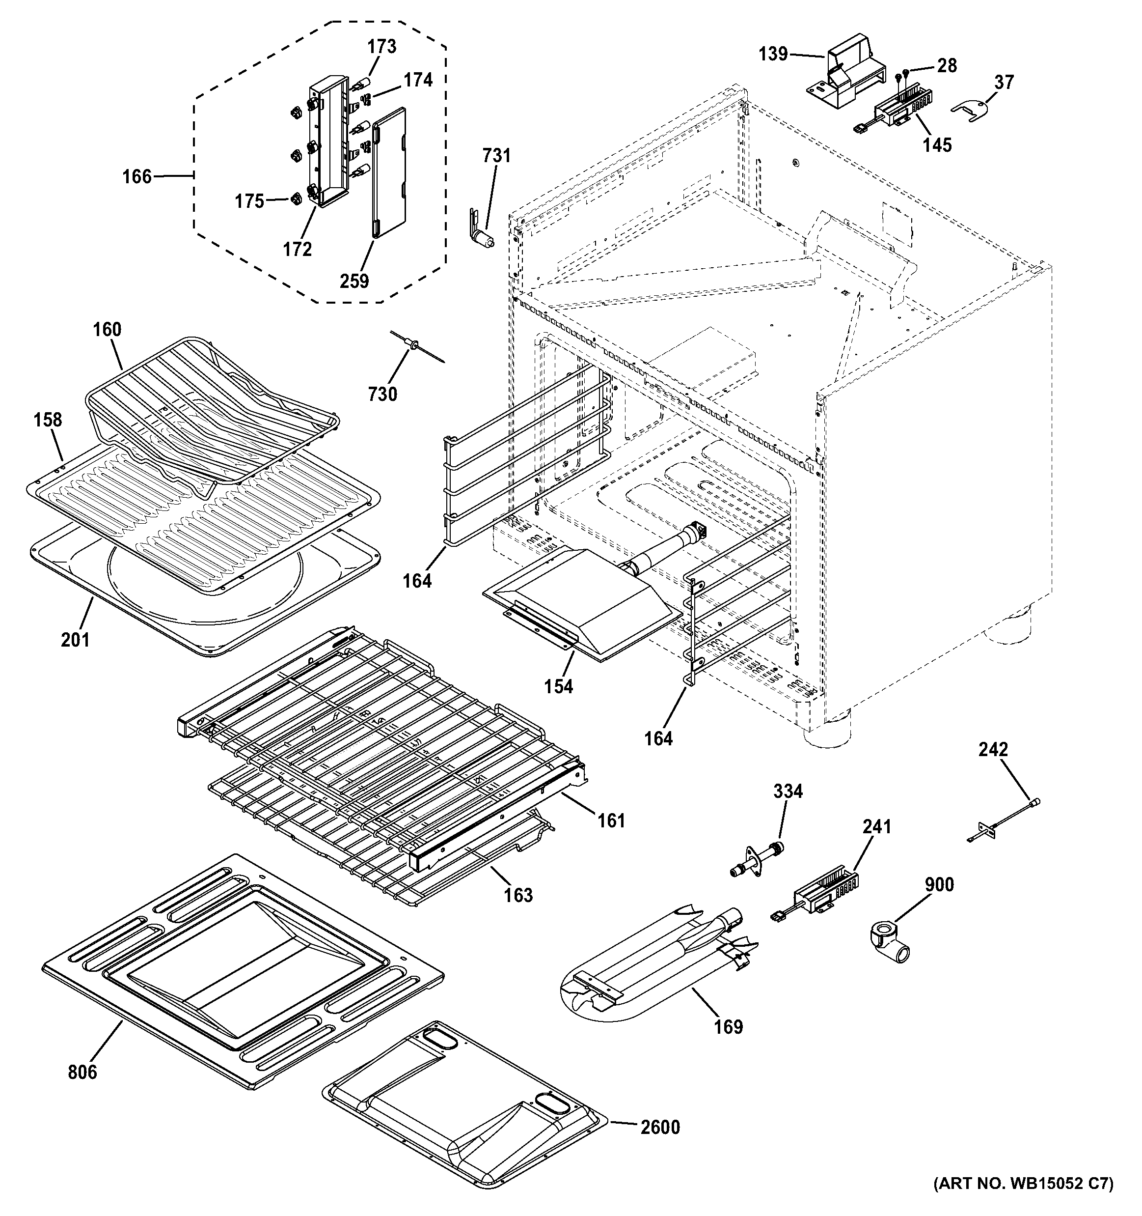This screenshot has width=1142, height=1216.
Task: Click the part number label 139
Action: tap(773, 54)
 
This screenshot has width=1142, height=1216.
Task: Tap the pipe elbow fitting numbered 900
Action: tap(887, 944)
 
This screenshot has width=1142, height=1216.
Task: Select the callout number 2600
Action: tap(660, 1127)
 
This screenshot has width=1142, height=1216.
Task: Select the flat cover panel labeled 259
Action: tap(389, 172)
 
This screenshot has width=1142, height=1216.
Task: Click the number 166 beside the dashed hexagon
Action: tap(136, 177)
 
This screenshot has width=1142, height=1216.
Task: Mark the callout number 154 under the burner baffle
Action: tap(559, 686)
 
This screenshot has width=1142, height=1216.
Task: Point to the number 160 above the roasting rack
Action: tap(107, 330)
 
